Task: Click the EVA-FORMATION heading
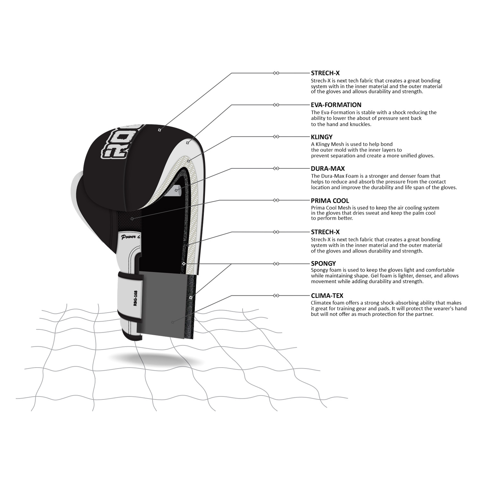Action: [336, 105]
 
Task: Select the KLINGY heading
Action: [322, 137]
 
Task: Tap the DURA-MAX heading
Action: [328, 168]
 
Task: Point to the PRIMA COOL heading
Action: [330, 201]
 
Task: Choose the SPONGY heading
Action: [323, 264]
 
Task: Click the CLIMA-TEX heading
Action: [327, 296]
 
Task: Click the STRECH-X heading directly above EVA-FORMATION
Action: [325, 73]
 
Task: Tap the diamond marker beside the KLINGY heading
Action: [276, 137]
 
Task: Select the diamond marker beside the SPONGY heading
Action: [276, 264]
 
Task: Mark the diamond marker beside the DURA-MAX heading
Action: [276, 168]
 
